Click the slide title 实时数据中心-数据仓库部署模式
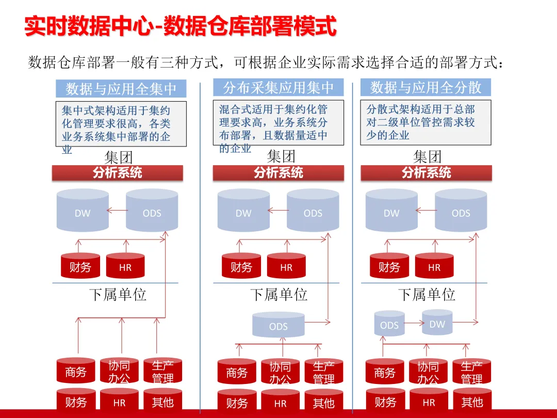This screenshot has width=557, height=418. pos(181,26)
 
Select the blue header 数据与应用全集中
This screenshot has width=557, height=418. pos(121,89)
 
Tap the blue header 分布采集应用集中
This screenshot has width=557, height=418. pos(278,88)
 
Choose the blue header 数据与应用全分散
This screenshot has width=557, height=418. pos(425,88)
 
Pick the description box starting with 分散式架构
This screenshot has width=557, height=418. pos(425,122)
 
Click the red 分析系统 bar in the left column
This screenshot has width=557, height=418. pos(118,173)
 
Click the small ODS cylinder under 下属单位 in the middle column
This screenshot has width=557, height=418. pos(278,325)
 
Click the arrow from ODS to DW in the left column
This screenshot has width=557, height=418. pos(117,210)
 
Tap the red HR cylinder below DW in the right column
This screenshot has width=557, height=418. pos(434,266)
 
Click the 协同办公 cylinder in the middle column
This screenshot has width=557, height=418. pos(280,372)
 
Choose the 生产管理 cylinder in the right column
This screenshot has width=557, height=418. pos(471,372)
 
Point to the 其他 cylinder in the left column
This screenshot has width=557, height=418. pos(162,401)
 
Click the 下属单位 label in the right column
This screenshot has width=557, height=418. pos(427,295)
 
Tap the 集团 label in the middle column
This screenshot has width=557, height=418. pos(281,156)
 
